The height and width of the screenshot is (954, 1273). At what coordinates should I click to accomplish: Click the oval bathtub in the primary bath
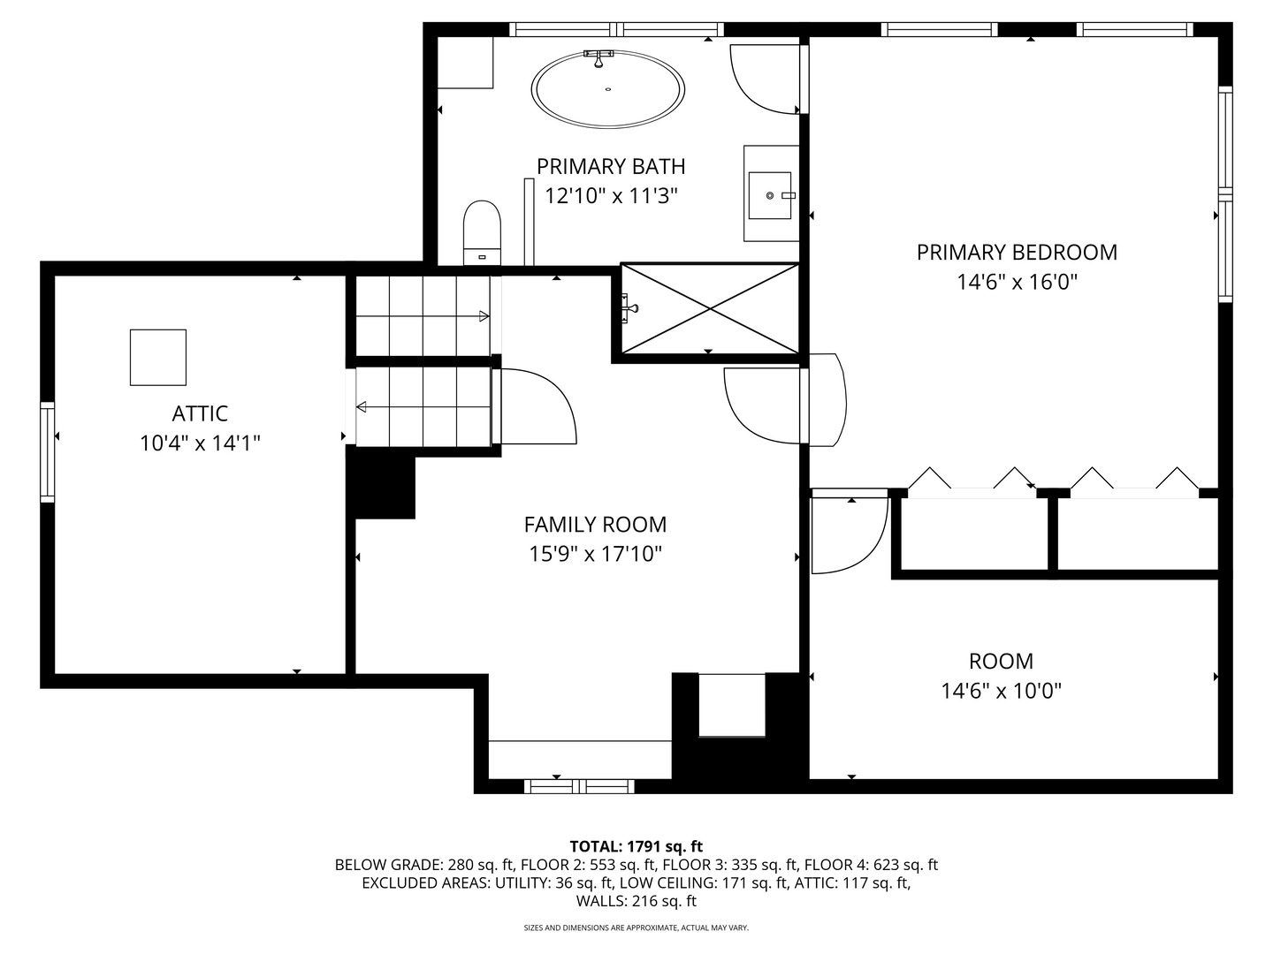click(x=607, y=89)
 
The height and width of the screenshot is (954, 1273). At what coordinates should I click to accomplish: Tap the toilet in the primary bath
click(x=482, y=232)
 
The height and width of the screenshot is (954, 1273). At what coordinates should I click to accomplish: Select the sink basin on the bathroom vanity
click(x=769, y=194)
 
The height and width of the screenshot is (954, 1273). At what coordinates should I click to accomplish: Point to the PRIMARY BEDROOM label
click(x=1017, y=253)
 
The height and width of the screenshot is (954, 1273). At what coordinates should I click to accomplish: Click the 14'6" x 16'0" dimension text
click(x=1017, y=283)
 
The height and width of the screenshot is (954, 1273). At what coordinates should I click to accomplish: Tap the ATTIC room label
click(x=200, y=413)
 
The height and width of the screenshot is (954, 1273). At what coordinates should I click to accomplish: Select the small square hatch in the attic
click(x=158, y=357)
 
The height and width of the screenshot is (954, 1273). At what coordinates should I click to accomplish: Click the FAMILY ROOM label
click(x=595, y=525)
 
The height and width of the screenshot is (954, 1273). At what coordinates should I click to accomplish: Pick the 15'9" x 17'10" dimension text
click(x=595, y=555)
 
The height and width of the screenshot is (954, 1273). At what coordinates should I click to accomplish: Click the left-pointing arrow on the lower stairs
click(x=362, y=406)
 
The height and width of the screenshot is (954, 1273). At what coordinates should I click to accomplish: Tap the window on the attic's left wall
click(x=47, y=451)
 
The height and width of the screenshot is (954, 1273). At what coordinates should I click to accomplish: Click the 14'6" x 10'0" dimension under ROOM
click(x=1001, y=691)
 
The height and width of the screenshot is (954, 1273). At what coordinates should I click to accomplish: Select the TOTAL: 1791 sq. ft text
click(x=636, y=846)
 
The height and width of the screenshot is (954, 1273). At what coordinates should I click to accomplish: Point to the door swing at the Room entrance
click(x=847, y=534)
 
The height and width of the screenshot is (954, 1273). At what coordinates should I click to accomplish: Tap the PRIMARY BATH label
click(x=611, y=166)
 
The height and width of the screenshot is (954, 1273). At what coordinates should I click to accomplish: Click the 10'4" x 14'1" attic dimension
click(x=200, y=443)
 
